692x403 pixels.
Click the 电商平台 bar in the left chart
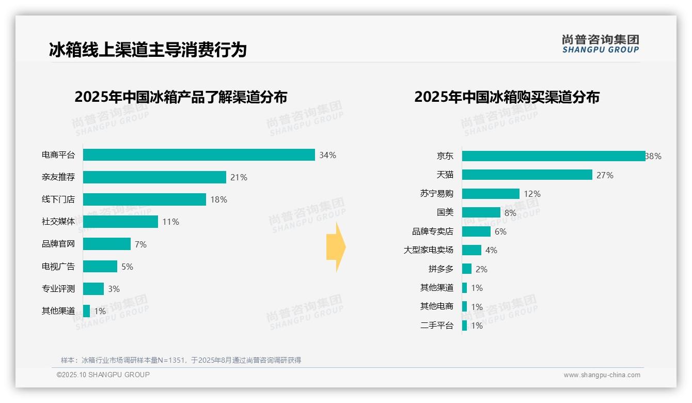199,155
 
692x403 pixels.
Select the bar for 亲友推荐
154,177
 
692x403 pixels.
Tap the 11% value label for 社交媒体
170,222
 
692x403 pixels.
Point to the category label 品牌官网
58,244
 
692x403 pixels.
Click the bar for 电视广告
100,267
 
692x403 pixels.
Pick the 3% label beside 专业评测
114,289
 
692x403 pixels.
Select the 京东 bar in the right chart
553,156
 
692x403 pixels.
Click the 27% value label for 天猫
605,175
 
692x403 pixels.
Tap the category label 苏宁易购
437,194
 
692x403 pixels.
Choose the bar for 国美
481,212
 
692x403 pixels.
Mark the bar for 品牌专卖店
476,231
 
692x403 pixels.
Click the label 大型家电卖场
429,250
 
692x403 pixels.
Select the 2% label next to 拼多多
481,269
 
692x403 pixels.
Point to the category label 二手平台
437,325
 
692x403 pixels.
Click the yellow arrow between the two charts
336,247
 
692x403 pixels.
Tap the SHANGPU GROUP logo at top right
600,44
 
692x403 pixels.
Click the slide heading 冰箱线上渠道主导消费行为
148,50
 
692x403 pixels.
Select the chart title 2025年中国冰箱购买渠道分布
507,97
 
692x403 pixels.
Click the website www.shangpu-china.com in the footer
602,375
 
